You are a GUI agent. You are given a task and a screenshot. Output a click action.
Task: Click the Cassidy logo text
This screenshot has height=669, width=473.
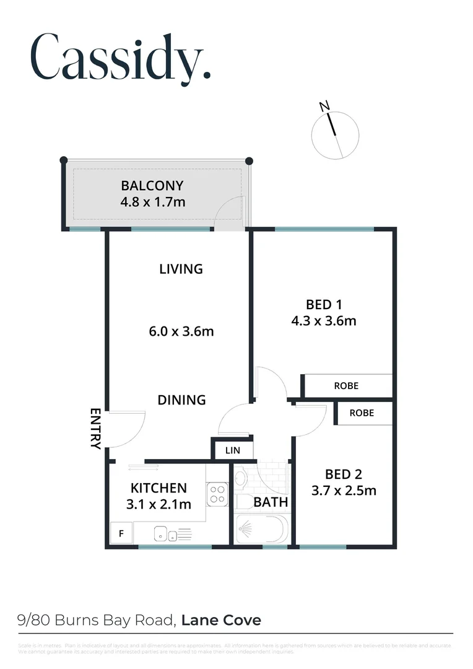pos(121,57)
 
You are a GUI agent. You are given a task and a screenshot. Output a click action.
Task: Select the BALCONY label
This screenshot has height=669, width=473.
pos(152,185)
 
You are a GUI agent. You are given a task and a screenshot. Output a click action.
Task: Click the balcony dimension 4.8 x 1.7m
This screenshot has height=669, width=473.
pos(153,201)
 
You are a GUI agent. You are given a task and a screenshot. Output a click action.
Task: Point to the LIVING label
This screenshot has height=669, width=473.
pos(181,269)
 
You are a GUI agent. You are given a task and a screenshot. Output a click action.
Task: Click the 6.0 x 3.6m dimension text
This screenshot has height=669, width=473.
pos(181,331)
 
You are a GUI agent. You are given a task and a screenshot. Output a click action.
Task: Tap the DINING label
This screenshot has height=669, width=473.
pos(181,400)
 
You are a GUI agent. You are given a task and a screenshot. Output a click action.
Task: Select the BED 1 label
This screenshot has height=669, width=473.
pos(324,304)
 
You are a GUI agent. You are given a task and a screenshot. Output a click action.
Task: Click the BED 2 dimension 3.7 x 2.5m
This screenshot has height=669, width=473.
pos(344,491)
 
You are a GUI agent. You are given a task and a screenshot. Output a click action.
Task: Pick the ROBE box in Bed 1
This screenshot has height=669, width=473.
pos(346,385)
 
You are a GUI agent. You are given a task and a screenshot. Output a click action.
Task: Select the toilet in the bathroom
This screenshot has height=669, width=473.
pos(241,481)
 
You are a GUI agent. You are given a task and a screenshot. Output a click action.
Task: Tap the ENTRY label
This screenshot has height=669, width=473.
pos(95,428)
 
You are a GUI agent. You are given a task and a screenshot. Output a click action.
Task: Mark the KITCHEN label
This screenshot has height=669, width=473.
pos(158,488)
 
